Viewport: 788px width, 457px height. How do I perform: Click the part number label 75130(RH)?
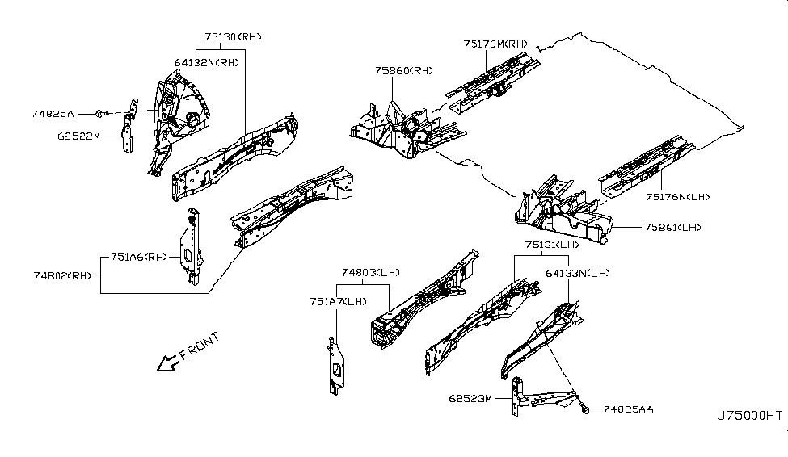click(233, 36)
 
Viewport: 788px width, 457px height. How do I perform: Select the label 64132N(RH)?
click(206, 61)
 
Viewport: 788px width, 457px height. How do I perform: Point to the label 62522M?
click(78, 136)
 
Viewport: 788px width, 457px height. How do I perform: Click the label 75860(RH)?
click(403, 71)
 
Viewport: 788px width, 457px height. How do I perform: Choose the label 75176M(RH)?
click(495, 44)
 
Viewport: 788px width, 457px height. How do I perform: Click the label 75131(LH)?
click(553, 244)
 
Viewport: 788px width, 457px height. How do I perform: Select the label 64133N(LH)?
click(577, 273)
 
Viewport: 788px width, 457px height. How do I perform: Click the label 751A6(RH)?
click(138, 258)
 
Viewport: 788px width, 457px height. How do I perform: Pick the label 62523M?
click(474, 398)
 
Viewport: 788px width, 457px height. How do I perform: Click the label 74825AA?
click(628, 410)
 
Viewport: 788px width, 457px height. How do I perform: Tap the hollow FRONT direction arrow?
click(167, 365)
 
